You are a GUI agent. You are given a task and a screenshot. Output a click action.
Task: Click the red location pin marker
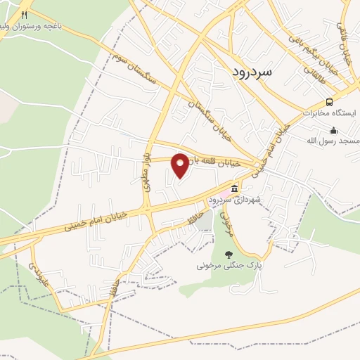click(x=181, y=165)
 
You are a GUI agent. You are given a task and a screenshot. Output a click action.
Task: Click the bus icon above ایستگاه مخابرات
click(x=330, y=102)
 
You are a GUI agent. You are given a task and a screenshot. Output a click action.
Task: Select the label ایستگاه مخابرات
click(x=330, y=112)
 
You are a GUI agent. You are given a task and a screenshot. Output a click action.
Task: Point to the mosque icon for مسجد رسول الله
click(x=333, y=131)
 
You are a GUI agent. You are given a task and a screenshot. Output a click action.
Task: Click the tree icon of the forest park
click(x=227, y=255)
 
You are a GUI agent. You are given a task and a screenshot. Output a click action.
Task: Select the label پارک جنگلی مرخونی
click(x=229, y=266)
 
